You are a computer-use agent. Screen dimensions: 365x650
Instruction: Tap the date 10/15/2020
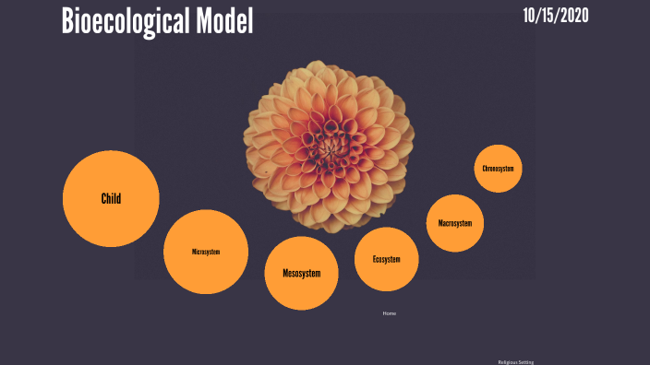coord(555,16)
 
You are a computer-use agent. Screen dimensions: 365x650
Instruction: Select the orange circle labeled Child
coord(111,198)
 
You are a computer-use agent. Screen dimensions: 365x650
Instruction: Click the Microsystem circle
coord(206,252)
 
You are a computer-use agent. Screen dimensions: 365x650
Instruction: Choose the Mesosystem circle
coord(302,273)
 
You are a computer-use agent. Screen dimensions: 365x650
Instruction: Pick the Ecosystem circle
coord(387,259)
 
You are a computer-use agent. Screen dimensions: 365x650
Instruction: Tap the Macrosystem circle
coord(455,223)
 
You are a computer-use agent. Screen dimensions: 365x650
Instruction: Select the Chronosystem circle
coord(498,169)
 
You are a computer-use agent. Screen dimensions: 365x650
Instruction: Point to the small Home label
coord(390,313)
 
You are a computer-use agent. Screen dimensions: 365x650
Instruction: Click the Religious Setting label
coord(516,361)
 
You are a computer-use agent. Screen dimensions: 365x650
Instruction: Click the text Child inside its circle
coord(111,198)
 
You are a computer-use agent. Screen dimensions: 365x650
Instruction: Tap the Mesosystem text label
coord(302,274)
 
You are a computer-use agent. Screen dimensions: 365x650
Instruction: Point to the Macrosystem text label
coord(455,223)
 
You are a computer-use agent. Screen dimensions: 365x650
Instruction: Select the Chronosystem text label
coord(498,169)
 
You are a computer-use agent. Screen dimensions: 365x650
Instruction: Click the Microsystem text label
coord(206,252)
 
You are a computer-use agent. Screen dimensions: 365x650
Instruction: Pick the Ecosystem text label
coord(387,259)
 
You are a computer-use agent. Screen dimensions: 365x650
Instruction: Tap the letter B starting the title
coord(68,21)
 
